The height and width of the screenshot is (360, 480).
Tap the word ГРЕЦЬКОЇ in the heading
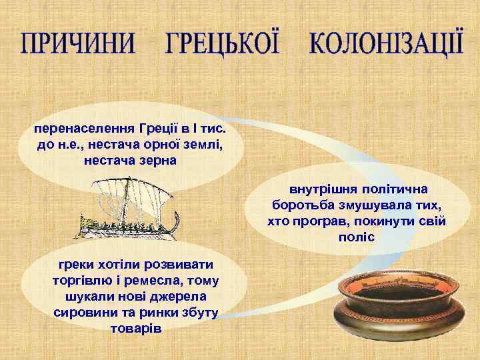(x=222, y=43)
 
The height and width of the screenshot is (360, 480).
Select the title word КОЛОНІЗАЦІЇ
(x=386, y=43)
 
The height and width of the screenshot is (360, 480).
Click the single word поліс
(x=357, y=237)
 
